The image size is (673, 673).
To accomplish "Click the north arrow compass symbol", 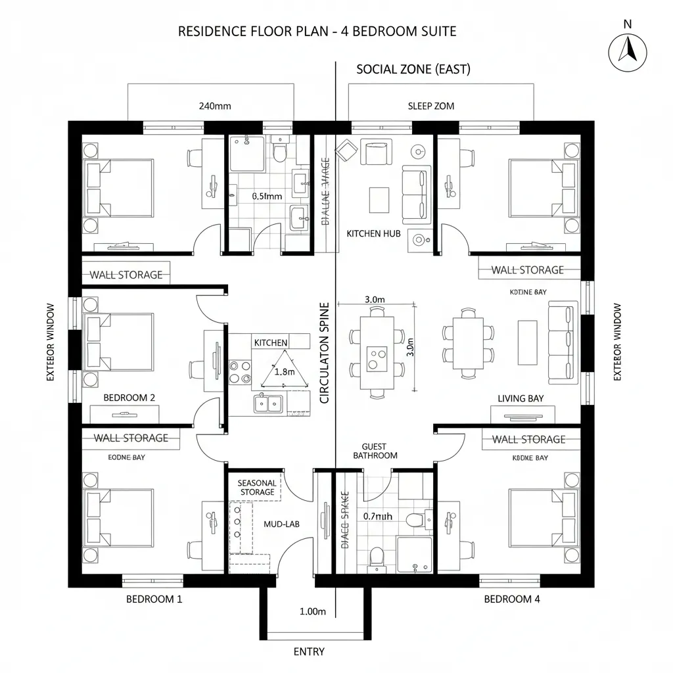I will [x=628, y=53].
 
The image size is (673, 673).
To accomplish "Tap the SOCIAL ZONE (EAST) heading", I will [x=413, y=69].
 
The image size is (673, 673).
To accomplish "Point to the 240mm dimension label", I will [x=214, y=105].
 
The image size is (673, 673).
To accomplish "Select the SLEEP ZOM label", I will [x=430, y=106].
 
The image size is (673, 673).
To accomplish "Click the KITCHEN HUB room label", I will [x=373, y=233].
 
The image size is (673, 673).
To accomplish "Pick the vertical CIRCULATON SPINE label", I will [x=323, y=353].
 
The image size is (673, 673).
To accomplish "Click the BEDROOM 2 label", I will [x=129, y=398].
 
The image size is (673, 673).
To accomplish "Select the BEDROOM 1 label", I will [x=154, y=599].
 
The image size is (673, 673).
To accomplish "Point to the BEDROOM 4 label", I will [x=512, y=599].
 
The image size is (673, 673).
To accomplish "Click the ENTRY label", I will [x=309, y=651].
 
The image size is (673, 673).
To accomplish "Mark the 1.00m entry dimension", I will [x=313, y=611].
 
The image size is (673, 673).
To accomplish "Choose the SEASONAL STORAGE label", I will [x=257, y=487].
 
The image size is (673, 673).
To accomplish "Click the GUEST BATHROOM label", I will [x=375, y=451].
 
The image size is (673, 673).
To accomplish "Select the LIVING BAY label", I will [x=521, y=398].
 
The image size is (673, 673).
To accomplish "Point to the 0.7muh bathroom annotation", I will [x=377, y=516].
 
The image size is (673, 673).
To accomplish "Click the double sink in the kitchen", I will [x=269, y=402].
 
